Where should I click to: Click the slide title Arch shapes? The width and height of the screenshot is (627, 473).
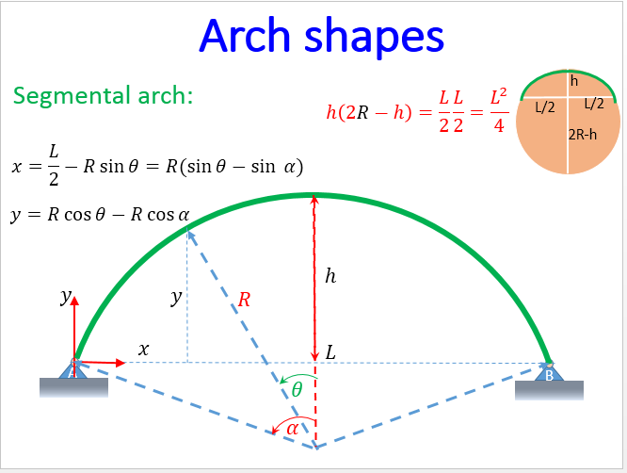pos(321,37)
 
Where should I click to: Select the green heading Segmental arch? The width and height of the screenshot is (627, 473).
pos(104,96)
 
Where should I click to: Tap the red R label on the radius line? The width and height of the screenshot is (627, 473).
pos(244,301)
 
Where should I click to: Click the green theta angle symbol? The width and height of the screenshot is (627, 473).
pos(297,388)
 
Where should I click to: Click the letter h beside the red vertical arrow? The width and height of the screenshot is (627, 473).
pos(330,276)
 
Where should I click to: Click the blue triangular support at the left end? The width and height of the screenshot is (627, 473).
pos(73,368)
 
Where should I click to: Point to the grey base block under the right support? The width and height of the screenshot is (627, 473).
pos(549,389)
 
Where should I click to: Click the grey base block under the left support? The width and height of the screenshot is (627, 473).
pos(73,387)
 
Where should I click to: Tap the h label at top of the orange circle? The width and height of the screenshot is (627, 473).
pos(572,82)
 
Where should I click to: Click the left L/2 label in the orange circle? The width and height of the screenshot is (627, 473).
pos(545,106)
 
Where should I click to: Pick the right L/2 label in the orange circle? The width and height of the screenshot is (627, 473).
pos(593,103)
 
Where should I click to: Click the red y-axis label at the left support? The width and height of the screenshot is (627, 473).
pos(66,298)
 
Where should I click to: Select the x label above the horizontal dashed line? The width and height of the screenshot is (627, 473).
pos(143,349)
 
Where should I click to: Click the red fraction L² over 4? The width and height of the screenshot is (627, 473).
pos(500,111)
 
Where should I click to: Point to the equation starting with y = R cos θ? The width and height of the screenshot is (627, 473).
pos(100,214)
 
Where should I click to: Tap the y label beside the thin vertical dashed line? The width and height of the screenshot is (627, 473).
pos(176,298)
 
